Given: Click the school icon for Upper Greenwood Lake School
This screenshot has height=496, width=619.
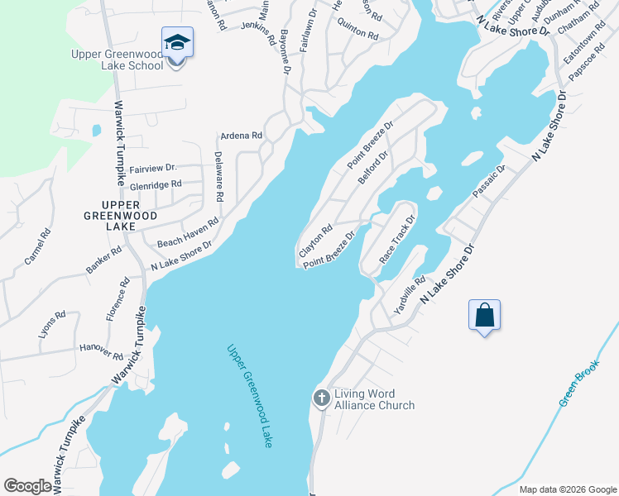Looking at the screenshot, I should point(178,42).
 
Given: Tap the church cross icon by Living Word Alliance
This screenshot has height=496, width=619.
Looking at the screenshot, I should point(322,399).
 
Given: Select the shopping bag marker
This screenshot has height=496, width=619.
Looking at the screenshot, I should point(484,315).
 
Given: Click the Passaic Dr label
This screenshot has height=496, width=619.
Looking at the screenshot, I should point(488,181).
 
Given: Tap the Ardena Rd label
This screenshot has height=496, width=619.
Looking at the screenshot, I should point(241,136).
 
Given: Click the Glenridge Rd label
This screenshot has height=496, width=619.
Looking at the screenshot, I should point(155,184).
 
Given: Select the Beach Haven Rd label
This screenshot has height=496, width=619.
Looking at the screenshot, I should point(188,233).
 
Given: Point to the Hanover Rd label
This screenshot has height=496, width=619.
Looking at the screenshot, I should point(102,351).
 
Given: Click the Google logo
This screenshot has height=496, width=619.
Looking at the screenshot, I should point(27,486).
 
